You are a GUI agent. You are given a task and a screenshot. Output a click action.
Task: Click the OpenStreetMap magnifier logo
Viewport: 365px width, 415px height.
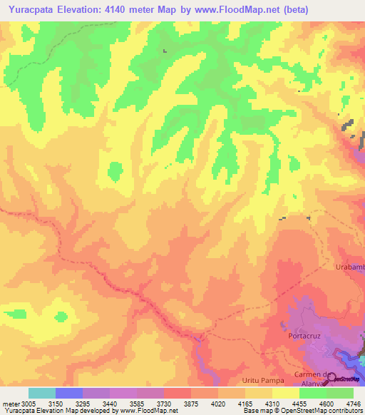pos(331,379)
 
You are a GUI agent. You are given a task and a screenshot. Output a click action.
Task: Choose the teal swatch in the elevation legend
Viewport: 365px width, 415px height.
pos(42,393)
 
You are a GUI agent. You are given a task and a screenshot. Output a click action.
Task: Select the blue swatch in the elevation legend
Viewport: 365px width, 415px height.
pos(69,393)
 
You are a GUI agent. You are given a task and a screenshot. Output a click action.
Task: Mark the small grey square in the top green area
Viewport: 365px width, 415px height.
pos(165,51)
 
